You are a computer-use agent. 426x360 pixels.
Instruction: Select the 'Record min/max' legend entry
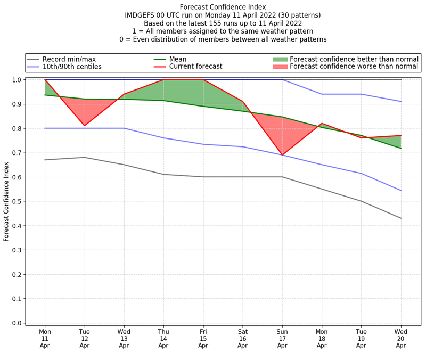tap(69, 59)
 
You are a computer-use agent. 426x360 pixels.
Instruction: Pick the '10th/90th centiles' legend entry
tap(72, 67)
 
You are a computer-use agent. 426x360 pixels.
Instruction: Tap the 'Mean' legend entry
tap(192, 59)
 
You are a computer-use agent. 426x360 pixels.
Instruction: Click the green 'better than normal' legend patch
tap(280, 59)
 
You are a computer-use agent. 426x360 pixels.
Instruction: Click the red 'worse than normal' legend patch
tap(280, 67)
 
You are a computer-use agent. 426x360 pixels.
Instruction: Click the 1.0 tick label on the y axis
tap(17, 80)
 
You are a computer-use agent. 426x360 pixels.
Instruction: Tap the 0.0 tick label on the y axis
tap(17, 323)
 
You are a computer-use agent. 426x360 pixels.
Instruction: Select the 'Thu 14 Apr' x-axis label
tap(163, 338)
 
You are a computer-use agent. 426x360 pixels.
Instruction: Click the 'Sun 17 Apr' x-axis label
tap(282, 338)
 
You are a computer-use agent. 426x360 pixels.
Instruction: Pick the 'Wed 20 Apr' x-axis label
tap(401, 338)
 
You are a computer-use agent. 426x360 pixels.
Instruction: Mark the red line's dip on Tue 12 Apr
tap(84, 126)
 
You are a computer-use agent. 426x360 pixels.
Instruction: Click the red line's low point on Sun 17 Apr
tap(282, 155)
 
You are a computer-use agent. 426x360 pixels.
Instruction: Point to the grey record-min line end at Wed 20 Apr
tap(401, 218)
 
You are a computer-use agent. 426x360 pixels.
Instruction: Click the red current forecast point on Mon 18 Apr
tap(322, 124)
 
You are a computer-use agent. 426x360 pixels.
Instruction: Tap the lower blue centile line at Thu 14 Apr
tap(163, 138)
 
